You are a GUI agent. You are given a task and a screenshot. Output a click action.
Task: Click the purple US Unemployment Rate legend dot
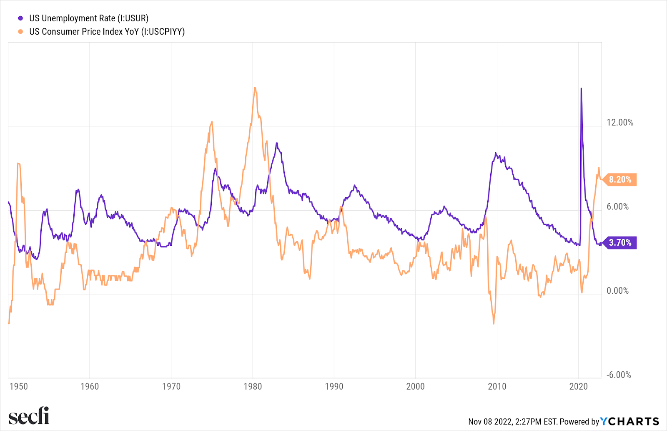(x=20, y=18)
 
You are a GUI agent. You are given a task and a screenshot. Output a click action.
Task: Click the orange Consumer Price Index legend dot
(x=20, y=32)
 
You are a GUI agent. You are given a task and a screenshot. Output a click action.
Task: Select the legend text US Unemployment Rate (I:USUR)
(x=88, y=18)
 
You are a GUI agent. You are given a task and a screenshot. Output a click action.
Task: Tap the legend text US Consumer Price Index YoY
(x=107, y=32)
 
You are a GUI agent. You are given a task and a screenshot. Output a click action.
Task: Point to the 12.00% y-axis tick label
(x=619, y=123)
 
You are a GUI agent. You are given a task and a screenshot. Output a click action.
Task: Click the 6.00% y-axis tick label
(x=617, y=207)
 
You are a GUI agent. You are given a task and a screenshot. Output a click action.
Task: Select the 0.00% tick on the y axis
(x=617, y=291)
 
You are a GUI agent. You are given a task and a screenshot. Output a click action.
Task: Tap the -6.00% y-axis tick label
(x=618, y=375)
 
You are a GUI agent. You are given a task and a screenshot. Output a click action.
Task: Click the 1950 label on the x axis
(x=18, y=386)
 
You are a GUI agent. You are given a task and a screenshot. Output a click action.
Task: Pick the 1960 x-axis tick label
(x=90, y=386)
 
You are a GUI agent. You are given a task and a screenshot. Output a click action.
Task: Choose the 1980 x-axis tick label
(x=253, y=386)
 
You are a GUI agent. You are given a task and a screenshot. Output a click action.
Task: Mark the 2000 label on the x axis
(x=415, y=386)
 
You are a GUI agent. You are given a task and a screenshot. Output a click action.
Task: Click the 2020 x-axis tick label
(x=578, y=386)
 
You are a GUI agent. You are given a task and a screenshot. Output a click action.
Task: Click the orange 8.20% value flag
(x=620, y=179)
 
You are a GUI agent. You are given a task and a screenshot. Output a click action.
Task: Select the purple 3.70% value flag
(x=620, y=242)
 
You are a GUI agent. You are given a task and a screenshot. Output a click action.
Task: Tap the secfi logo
(x=29, y=416)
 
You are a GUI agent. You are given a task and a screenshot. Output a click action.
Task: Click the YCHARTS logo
(x=629, y=421)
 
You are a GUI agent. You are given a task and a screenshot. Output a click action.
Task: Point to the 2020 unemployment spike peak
(x=581, y=88)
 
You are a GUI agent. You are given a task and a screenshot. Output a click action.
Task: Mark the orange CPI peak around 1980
(x=255, y=88)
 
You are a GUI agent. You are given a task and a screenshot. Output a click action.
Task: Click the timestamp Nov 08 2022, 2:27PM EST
(x=512, y=422)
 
